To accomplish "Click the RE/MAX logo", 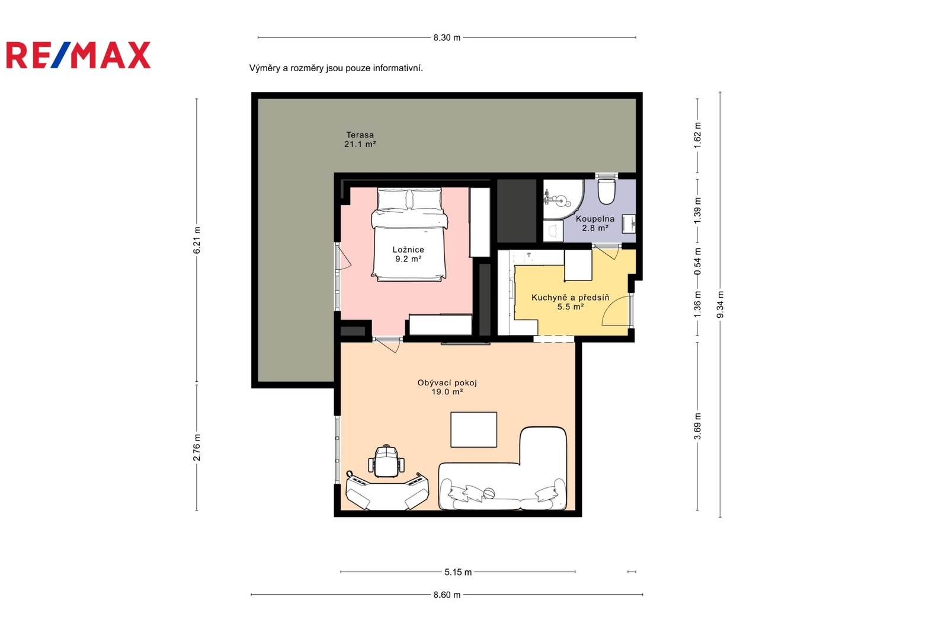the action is tap(78, 55).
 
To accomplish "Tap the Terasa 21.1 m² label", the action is tap(360, 139).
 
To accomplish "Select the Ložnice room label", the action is tap(408, 254).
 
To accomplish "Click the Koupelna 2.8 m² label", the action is tap(595, 224).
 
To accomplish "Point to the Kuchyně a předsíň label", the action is tap(571, 302).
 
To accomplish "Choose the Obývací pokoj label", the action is tap(447, 387).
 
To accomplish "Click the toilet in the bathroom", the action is tap(607, 191).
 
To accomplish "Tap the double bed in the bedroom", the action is tap(409, 235).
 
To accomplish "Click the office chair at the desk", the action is tap(386, 461).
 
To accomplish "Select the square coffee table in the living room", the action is tap(473, 429).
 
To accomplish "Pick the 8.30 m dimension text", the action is tap(447, 38).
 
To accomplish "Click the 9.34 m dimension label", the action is tap(720, 305).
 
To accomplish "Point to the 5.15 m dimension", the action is tap(458, 572).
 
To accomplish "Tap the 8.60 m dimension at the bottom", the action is tap(447, 595).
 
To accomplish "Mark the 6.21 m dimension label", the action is tap(197, 240).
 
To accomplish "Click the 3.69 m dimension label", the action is tap(697, 426).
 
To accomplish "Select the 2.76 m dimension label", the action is tap(197, 448).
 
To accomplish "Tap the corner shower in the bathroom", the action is tap(563, 199).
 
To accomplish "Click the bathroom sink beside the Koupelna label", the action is tap(629, 224).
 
